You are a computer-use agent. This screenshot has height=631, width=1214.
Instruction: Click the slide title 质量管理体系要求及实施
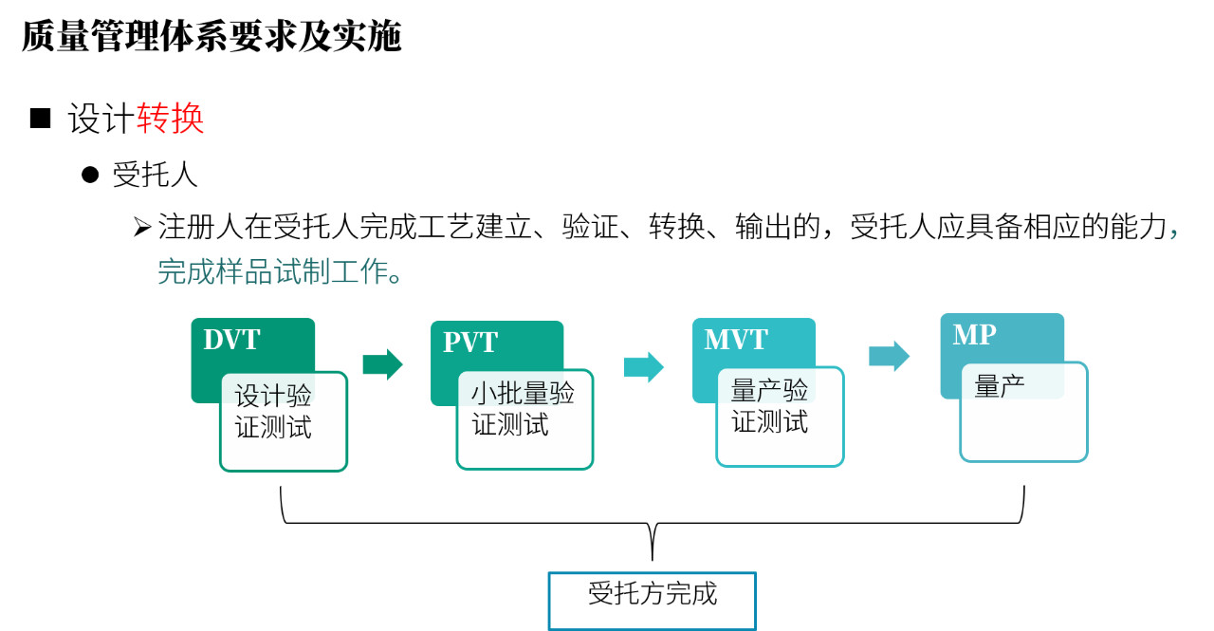(212, 37)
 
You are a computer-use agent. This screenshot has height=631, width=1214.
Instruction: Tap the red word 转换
(170, 119)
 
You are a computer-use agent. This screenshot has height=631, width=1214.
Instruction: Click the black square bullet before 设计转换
(40, 119)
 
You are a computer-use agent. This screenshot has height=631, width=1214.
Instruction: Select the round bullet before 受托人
(90, 176)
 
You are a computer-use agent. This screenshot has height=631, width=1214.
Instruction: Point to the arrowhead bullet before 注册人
(142, 227)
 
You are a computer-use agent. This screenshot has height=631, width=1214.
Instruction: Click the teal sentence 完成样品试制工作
(280, 271)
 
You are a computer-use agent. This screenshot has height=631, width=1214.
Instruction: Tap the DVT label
(232, 340)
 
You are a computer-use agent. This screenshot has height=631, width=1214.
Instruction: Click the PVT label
(469, 343)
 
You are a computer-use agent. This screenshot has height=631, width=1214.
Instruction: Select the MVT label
(736, 340)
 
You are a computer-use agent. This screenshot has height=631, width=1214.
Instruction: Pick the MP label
(974, 334)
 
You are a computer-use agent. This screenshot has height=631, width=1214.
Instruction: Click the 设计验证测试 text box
(284, 421)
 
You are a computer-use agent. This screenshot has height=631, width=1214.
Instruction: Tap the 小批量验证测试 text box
(524, 419)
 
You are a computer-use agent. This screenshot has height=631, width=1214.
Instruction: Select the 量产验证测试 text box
(780, 417)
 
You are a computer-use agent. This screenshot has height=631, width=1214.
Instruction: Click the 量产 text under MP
(999, 386)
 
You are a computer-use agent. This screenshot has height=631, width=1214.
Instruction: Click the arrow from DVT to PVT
(382, 364)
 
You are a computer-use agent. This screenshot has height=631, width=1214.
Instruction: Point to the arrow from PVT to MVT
(644, 367)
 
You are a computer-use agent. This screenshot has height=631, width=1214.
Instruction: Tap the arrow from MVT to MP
(889, 356)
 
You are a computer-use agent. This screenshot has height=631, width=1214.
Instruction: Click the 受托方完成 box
(652, 601)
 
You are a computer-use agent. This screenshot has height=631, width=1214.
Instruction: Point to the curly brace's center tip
(652, 560)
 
